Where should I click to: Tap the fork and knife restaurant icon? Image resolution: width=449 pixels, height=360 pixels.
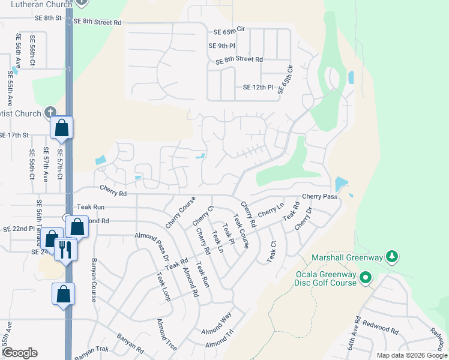pyautogui.click(x=65, y=249)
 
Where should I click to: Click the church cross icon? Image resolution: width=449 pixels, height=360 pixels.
pyautogui.click(x=50, y=113)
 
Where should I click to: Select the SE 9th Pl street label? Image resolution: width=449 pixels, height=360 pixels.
pyautogui.click(x=222, y=46)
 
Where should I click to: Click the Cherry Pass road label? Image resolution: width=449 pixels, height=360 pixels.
pyautogui.click(x=319, y=196)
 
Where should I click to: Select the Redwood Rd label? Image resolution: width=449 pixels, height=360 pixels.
pyautogui.click(x=382, y=331)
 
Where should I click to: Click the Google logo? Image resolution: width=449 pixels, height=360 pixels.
pyautogui.click(x=20, y=352)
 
